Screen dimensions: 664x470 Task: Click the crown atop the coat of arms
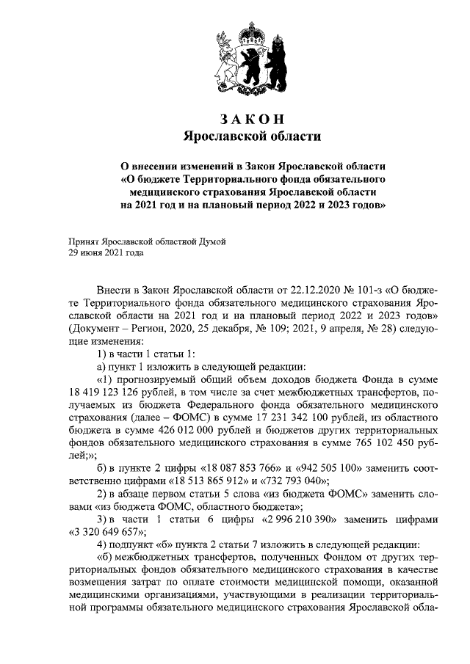(x=252, y=32)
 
